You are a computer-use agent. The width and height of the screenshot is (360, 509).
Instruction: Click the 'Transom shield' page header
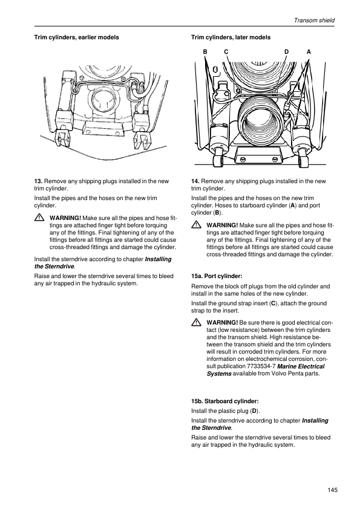[314, 21]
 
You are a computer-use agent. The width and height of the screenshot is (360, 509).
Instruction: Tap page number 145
[332, 490]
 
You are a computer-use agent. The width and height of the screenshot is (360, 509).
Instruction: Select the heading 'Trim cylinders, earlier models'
[77, 37]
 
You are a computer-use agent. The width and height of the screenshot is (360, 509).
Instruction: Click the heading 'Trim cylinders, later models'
[231, 37]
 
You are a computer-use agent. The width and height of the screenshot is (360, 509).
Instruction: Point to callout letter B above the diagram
[205, 51]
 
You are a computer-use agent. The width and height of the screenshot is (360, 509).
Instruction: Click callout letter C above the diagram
[226, 51]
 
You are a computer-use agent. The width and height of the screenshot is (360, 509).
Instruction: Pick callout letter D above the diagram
[286, 51]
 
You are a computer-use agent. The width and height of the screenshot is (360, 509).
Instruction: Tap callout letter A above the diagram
[309, 51]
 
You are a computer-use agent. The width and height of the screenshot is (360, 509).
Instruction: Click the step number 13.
[38, 181]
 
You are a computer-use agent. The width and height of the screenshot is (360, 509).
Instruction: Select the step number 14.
[195, 181]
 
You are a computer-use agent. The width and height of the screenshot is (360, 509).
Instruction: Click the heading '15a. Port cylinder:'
[217, 276]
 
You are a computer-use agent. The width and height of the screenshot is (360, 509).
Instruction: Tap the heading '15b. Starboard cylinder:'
[225, 401]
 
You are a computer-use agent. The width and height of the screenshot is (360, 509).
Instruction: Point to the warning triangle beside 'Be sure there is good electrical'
[195, 322]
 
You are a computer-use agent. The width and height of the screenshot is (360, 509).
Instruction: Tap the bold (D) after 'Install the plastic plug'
[255, 411]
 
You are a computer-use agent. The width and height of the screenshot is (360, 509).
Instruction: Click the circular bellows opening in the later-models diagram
[260, 123]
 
